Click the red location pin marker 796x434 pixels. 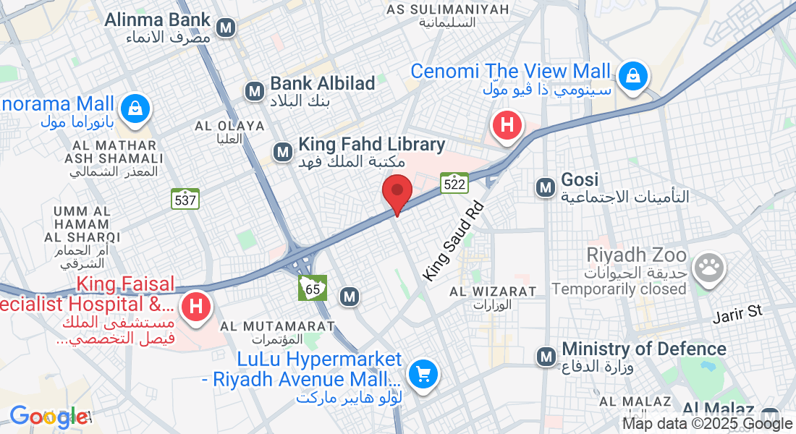(397, 192)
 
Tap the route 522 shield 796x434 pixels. (454, 183)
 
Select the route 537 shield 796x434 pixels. (185, 199)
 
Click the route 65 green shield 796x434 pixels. (313, 288)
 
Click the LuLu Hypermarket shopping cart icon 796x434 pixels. (422, 374)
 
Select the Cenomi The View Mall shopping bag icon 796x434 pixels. (633, 75)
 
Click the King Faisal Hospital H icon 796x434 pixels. (195, 306)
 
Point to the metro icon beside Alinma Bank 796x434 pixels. (226, 28)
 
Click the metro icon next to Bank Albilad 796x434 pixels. (254, 91)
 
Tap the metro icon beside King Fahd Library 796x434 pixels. (282, 152)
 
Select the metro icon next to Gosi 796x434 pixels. (545, 188)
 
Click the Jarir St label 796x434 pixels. (737, 313)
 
